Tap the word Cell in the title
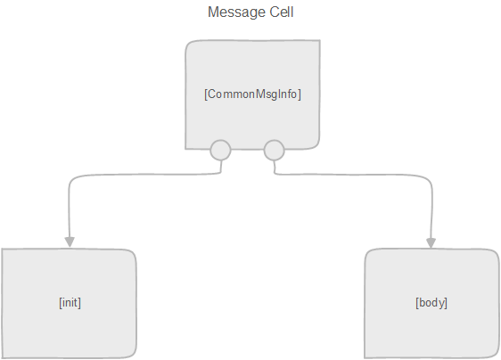(x=282, y=12)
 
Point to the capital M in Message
(x=213, y=12)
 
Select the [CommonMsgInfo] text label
(x=252, y=94)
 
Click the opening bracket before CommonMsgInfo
(x=206, y=94)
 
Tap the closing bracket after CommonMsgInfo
(x=300, y=94)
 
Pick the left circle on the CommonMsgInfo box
(x=220, y=150)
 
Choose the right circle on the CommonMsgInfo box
(x=275, y=150)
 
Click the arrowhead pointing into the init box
(x=70, y=242)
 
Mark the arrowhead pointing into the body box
(x=431, y=242)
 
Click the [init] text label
(x=70, y=302)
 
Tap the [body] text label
(x=431, y=302)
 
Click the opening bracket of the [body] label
(x=417, y=302)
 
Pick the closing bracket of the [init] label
(x=79, y=302)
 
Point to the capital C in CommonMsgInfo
(x=212, y=94)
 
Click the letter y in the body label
(x=441, y=304)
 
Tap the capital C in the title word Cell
(x=275, y=12)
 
